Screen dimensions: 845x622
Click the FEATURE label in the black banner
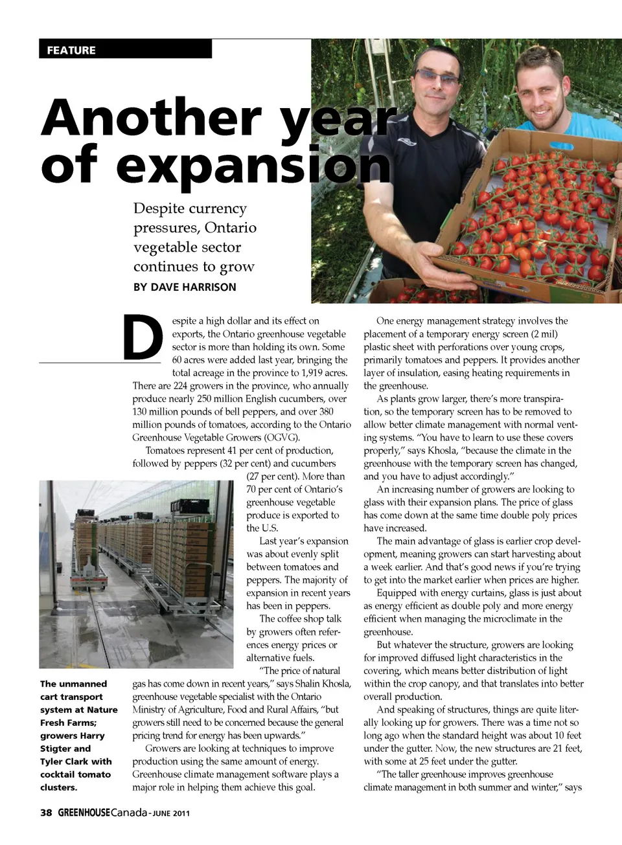[x=71, y=51]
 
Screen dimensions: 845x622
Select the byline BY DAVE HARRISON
[x=185, y=287]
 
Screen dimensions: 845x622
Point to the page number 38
[x=46, y=813]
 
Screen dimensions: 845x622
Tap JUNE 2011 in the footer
[x=172, y=813]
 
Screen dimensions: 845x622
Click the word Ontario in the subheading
[x=231, y=228]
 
